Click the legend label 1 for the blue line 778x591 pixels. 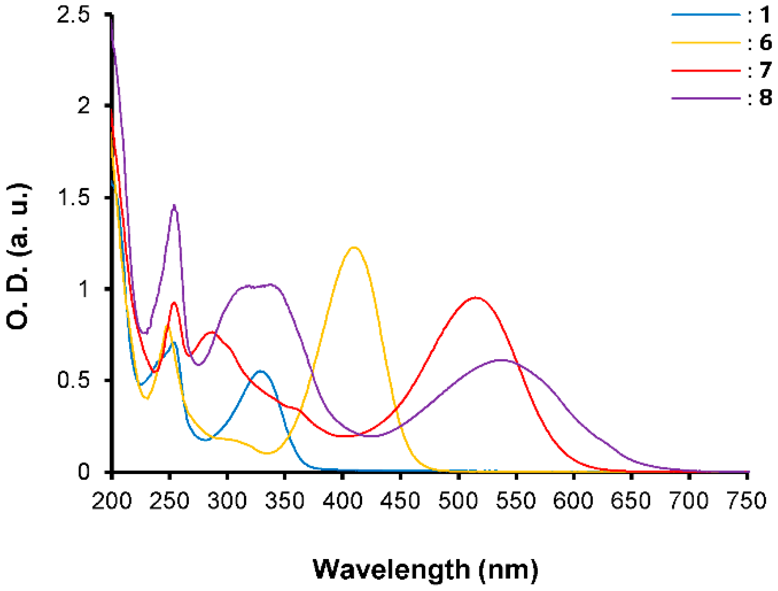[x=765, y=15]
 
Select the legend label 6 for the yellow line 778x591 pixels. [x=765, y=43]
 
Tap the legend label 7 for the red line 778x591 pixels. [x=765, y=70]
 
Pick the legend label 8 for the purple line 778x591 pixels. [x=765, y=98]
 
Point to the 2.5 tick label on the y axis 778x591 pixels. [x=74, y=15]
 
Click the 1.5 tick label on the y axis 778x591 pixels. [x=74, y=197]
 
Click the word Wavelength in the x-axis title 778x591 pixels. [x=391, y=570]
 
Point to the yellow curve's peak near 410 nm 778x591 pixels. [x=354, y=247]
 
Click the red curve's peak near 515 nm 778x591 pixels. [x=476, y=298]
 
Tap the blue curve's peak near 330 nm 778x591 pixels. [x=261, y=371]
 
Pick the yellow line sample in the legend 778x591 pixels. [x=706, y=42]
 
